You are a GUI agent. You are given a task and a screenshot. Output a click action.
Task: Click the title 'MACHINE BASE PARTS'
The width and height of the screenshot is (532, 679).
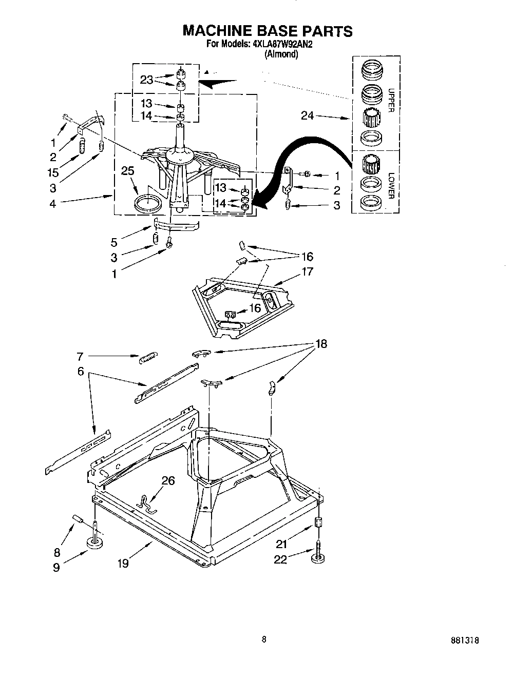coord(268,30)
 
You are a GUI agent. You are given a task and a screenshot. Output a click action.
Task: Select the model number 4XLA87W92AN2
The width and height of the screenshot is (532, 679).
coord(283,45)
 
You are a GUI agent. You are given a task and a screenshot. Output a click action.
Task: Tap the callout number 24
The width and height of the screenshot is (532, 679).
coord(308,116)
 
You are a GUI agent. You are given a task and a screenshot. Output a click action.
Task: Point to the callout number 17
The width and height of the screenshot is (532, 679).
coord(307,272)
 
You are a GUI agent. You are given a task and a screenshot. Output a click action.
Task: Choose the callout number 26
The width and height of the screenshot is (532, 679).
coord(168,481)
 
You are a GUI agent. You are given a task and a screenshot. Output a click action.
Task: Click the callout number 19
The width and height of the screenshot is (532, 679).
coord(122,563)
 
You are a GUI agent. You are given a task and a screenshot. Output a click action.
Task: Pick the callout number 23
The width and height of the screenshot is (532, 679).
coord(147,80)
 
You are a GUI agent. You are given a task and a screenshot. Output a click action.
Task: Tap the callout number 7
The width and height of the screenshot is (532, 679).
coord(80,356)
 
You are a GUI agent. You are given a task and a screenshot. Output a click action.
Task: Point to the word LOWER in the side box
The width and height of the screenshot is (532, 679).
coord(391,185)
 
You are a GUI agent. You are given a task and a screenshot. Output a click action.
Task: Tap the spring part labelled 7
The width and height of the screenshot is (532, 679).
coord(149,357)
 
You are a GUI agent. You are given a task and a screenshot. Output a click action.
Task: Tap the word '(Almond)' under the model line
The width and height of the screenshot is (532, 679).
coord(281,54)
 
